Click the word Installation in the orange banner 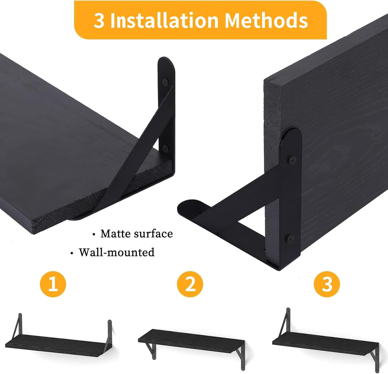(x=164, y=20)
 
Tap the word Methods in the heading (x=266, y=20)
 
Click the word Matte (x=115, y=234)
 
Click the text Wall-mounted (x=116, y=252)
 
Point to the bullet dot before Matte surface (x=94, y=234)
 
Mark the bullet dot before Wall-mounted (x=72, y=253)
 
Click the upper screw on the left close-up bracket (x=165, y=81)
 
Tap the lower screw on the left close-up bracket (x=165, y=149)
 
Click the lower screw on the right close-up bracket (x=291, y=239)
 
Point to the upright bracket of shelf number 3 (x=284, y=322)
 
